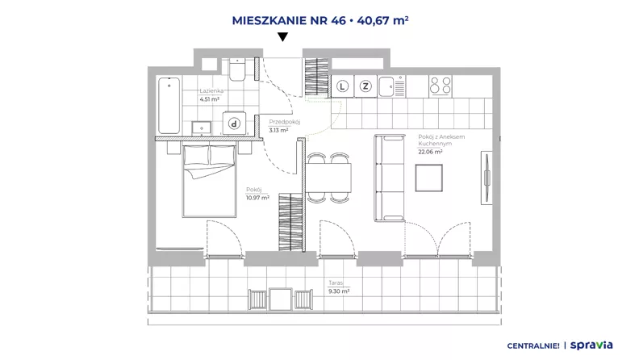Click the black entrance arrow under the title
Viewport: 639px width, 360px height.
(282, 37)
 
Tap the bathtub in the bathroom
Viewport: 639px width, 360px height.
(169, 106)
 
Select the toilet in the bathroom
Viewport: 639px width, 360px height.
(236, 69)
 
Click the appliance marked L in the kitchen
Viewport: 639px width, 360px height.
(342, 86)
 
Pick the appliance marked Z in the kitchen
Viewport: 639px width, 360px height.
(365, 86)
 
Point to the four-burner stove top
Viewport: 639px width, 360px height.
(441, 86)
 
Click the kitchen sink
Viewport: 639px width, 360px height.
(391, 86)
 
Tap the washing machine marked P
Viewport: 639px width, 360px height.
(234, 123)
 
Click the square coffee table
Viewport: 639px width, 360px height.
(428, 178)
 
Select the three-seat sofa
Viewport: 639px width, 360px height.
(390, 178)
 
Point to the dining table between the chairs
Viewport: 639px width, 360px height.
(328, 178)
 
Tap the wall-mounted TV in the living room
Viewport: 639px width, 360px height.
(487, 178)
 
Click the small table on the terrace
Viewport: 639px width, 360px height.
(281, 299)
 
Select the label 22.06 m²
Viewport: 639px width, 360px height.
(430, 152)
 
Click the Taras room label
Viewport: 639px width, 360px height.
(336, 283)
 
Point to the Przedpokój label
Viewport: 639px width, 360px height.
(285, 122)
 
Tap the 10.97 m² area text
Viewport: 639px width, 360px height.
(257, 198)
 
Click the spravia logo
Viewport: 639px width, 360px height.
(591, 345)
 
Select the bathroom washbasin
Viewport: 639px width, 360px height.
(202, 128)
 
